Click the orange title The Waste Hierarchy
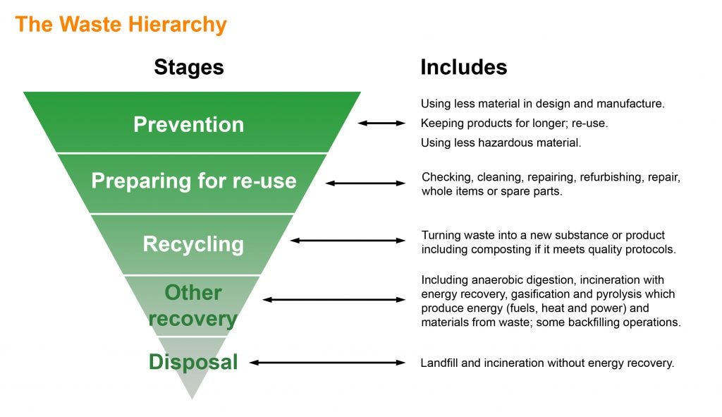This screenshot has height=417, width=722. (x=121, y=25)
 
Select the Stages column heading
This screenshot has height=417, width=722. (x=188, y=67)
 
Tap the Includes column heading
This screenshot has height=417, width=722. (x=463, y=67)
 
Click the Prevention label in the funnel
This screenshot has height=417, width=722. (x=188, y=124)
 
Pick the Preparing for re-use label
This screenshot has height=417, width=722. (x=193, y=181)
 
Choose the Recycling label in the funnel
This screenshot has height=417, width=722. (x=193, y=244)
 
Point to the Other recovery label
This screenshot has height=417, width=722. (x=192, y=306)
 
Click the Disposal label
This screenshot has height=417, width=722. (x=193, y=363)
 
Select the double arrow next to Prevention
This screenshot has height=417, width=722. (x=381, y=123)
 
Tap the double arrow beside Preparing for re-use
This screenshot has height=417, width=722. (x=365, y=183)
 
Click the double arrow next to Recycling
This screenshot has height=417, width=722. (x=348, y=241)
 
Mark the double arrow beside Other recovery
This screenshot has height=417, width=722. (x=334, y=300)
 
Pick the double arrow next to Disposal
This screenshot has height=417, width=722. (x=327, y=363)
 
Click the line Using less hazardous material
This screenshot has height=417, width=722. (x=501, y=143)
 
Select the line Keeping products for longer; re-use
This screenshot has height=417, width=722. (x=514, y=123)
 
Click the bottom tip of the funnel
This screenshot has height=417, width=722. (x=192, y=397)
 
